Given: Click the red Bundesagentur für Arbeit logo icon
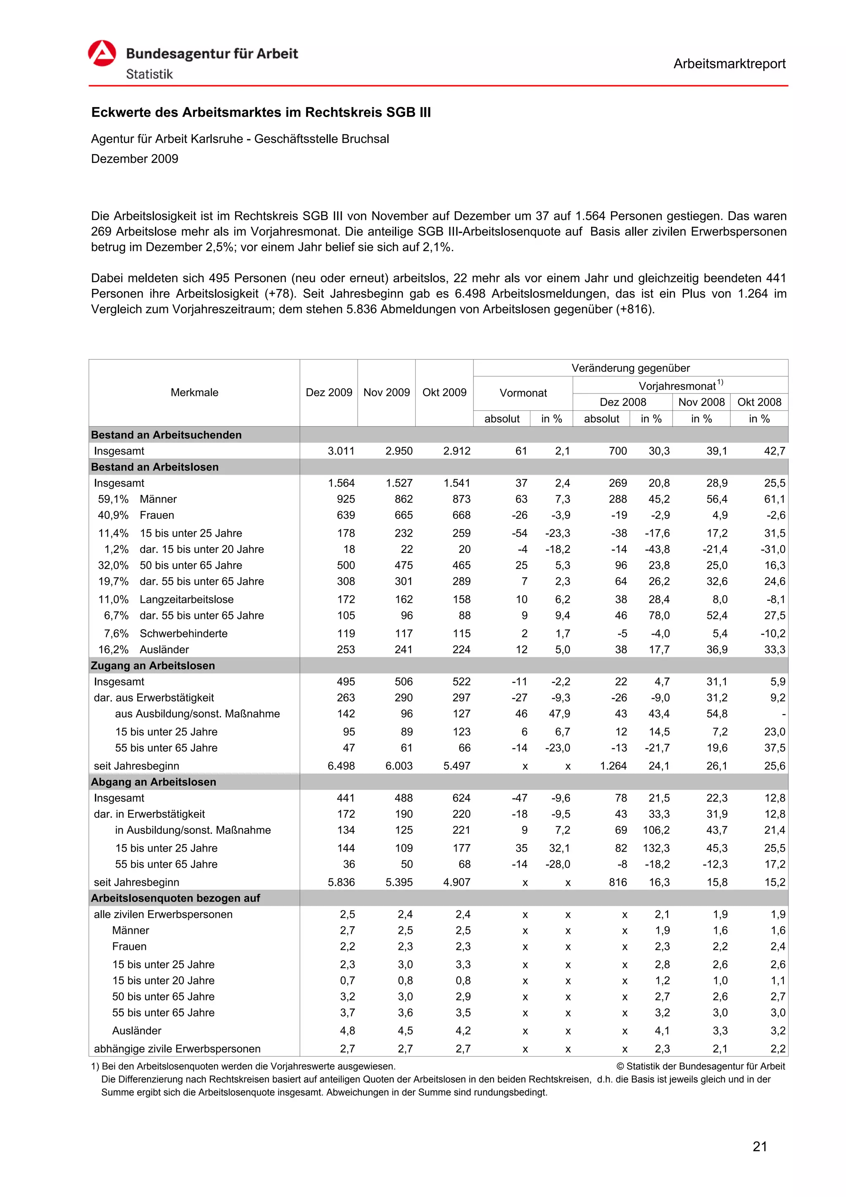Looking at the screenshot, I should (x=102, y=53).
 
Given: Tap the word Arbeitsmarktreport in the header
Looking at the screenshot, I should (x=729, y=64).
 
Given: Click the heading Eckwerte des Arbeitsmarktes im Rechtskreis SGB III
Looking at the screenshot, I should (x=261, y=113).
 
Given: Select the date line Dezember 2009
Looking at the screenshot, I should (x=135, y=159).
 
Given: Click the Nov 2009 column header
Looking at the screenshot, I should (x=386, y=393).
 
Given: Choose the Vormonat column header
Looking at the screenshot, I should (x=523, y=393).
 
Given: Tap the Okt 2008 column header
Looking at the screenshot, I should (x=759, y=402).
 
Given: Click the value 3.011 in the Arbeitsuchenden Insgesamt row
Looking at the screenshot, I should (x=341, y=451).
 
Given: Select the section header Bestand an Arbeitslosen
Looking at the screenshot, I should (x=154, y=467).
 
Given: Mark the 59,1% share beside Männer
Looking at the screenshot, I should (x=113, y=499).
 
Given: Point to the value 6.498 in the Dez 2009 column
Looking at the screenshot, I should (x=341, y=766).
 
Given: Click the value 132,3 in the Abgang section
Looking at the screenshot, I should (x=657, y=848).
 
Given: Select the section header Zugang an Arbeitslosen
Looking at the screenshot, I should (x=153, y=666).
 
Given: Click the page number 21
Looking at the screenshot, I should (x=760, y=1147).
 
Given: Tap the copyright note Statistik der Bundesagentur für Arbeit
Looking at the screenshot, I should (x=700, y=1067).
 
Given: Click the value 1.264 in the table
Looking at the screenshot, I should (x=613, y=766).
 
